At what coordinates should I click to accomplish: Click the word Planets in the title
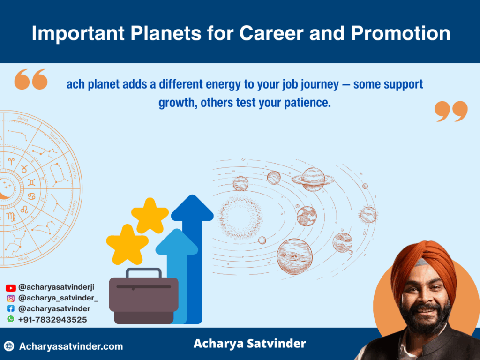pyautogui.click(x=165, y=33)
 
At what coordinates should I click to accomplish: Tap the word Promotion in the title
pyautogui.click(x=400, y=33)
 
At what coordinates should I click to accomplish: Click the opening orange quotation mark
pyautogui.click(x=31, y=79)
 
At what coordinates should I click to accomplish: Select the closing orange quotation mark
pyautogui.click(x=451, y=112)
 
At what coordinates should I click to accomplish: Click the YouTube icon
pyautogui.click(x=11, y=288)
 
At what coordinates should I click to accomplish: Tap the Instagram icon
pyautogui.click(x=11, y=298)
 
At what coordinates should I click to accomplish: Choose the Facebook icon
pyautogui.click(x=11, y=308)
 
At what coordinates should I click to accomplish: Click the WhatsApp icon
pyautogui.click(x=11, y=319)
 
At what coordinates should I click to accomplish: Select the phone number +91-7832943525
pyautogui.click(x=52, y=320)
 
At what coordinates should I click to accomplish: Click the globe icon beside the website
pyautogui.click(x=9, y=346)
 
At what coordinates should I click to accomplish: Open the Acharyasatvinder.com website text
pyautogui.click(x=71, y=346)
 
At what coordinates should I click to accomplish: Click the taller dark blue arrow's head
pyautogui.click(x=192, y=208)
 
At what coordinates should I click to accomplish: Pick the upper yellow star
pyautogui.click(x=150, y=216)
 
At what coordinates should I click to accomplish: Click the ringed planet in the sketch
pyautogui.click(x=313, y=180)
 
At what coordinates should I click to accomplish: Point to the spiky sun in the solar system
pyautogui.click(x=240, y=217)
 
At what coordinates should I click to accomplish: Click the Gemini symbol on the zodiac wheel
pyautogui.click(x=31, y=182)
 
